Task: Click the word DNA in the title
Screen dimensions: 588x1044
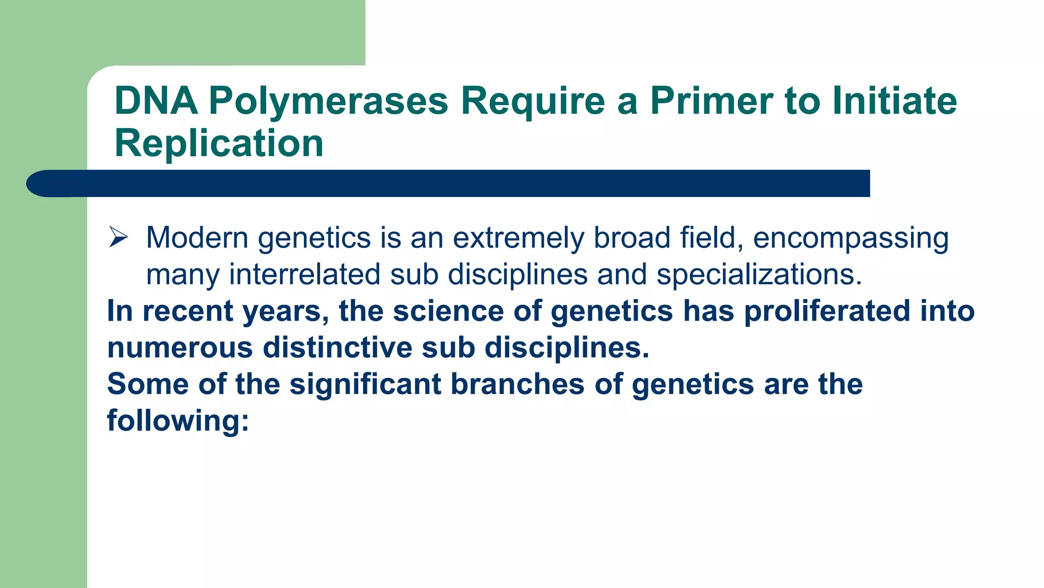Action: pyautogui.click(x=156, y=101)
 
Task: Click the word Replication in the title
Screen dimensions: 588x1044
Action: pyautogui.click(x=219, y=143)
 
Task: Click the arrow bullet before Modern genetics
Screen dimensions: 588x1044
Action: pyautogui.click(x=118, y=237)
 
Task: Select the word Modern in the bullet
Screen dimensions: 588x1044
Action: pyautogui.click(x=197, y=238)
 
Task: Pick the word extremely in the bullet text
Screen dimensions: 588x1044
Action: pyautogui.click(x=518, y=238)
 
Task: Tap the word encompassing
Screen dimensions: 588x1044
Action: pyautogui.click(x=850, y=239)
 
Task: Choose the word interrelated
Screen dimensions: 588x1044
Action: pyautogui.click(x=304, y=274)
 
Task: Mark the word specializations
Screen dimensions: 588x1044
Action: pyautogui.click(x=759, y=275)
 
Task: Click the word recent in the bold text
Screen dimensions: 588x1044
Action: pyautogui.click(x=187, y=311)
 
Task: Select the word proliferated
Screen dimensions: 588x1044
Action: pyautogui.click(x=827, y=311)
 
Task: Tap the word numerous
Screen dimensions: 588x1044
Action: pyautogui.click(x=180, y=348)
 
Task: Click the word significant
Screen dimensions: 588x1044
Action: pyautogui.click(x=365, y=384)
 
